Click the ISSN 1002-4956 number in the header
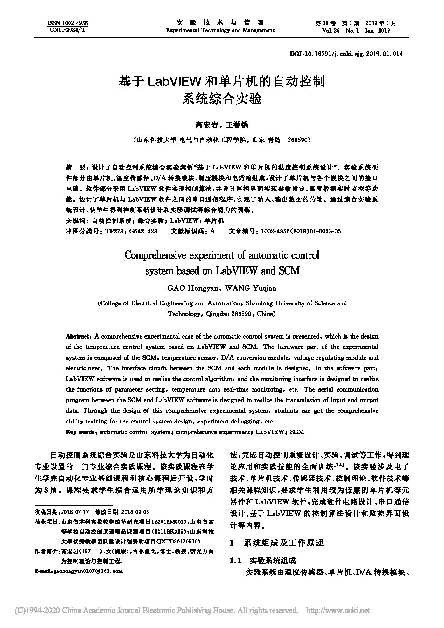click(x=68, y=23)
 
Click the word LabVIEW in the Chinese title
click(x=174, y=82)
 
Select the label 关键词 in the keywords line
click(x=75, y=220)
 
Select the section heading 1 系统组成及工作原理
click(x=277, y=543)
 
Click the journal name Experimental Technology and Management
click(x=220, y=30)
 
